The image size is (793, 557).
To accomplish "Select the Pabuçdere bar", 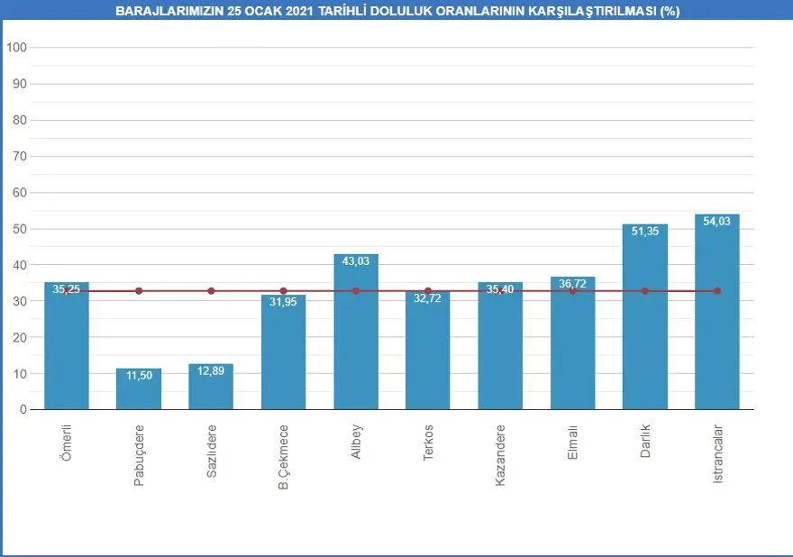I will coord(139,389).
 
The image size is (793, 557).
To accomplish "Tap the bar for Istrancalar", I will coord(717,315).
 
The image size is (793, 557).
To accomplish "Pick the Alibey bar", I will coord(356,333).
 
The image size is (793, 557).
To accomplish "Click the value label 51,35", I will coord(644,232).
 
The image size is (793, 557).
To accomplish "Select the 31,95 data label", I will coord(283,302).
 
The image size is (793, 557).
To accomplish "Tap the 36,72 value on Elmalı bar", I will coord(572,284).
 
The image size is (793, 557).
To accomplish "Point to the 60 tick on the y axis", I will coord(19,193).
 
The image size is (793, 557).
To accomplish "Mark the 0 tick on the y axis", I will coord(23,410).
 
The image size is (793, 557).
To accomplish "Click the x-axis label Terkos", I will coord(428,443).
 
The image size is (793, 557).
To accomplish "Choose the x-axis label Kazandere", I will coord(500,454).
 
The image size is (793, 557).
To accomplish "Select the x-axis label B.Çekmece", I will coord(283,457).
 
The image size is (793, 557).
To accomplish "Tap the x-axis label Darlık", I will coord(645,442).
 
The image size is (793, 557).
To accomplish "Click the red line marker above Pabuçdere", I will coord(139,291).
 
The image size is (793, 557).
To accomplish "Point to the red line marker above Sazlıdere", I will coord(211,291).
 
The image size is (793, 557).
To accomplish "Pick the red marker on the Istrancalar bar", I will coord(717,291).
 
